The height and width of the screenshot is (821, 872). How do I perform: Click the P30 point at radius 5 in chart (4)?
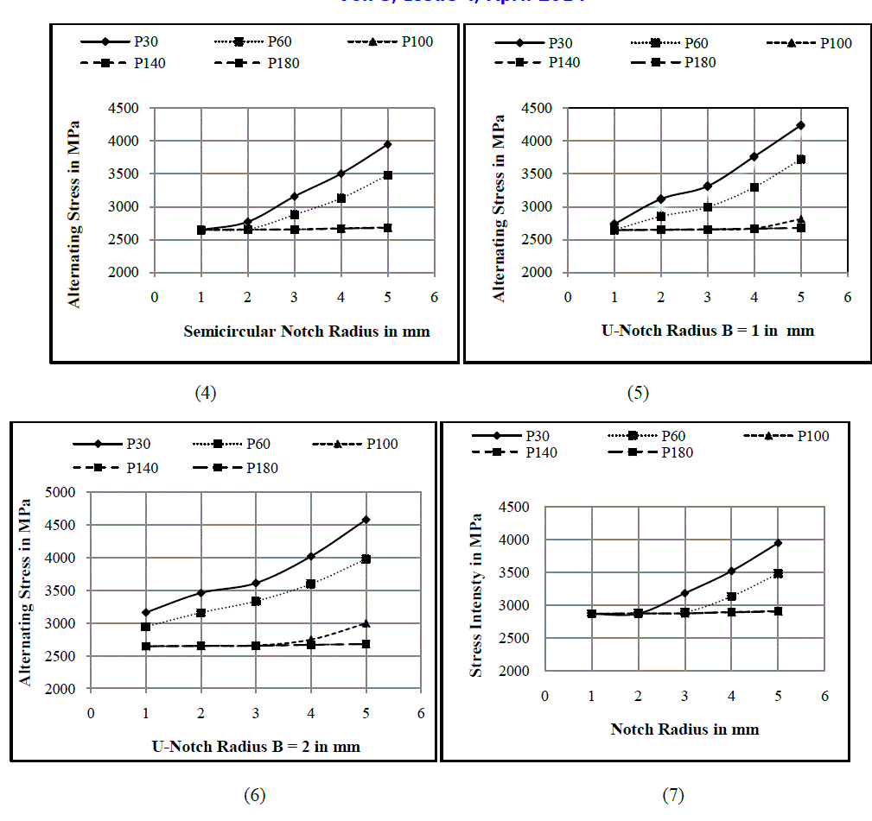click(388, 144)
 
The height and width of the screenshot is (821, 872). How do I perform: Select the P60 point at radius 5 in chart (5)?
click(801, 159)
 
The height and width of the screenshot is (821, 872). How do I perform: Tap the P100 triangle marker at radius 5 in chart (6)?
click(366, 623)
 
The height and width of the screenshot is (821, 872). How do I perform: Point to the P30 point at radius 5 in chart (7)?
click(778, 543)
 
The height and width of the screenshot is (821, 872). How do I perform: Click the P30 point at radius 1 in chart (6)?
click(146, 612)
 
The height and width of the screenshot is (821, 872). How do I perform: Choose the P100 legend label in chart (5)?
click(836, 43)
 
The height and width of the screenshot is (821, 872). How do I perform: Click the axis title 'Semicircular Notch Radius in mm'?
click(307, 331)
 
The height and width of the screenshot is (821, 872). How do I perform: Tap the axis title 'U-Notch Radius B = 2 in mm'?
click(256, 746)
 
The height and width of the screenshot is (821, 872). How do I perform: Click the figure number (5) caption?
click(638, 393)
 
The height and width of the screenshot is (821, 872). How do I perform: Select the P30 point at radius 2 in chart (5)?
click(661, 199)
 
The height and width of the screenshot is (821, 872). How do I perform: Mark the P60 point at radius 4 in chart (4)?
click(341, 199)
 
